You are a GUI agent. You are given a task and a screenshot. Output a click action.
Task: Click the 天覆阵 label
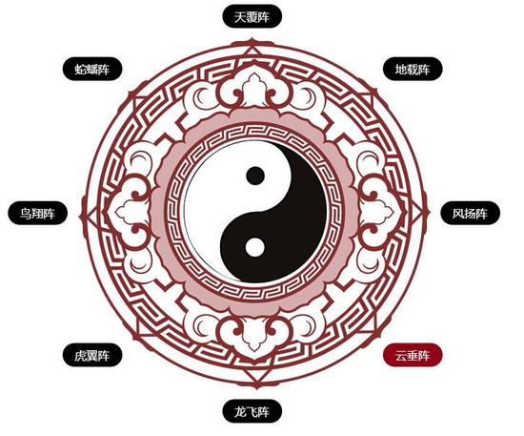[x=252, y=16]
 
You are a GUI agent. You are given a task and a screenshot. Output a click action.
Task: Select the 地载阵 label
[x=413, y=70]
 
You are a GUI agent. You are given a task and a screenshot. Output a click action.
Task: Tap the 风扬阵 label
[x=471, y=213]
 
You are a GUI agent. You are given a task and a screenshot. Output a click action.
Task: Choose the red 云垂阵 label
[x=413, y=355]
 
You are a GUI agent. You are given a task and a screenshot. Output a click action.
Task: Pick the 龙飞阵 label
[x=252, y=411]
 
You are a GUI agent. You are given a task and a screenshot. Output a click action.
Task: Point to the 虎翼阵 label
[x=91, y=355]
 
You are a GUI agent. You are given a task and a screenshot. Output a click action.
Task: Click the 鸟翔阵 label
[x=37, y=213]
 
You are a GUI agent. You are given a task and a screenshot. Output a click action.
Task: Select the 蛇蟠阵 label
[x=91, y=70]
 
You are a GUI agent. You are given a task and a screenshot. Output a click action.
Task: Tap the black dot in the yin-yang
[x=255, y=176]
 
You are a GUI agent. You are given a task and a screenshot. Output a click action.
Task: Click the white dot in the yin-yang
[x=255, y=248]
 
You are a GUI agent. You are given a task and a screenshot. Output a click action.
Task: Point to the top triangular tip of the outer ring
[x=252, y=40]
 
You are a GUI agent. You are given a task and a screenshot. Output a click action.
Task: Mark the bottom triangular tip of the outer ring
[x=256, y=386]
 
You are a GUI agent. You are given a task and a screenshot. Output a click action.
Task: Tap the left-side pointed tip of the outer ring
[x=81, y=217]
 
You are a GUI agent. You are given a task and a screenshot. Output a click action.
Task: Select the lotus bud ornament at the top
[x=253, y=88]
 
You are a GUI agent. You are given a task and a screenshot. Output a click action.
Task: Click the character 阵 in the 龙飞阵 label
[x=264, y=411]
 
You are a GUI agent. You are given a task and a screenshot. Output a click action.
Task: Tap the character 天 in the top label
[x=240, y=17]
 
